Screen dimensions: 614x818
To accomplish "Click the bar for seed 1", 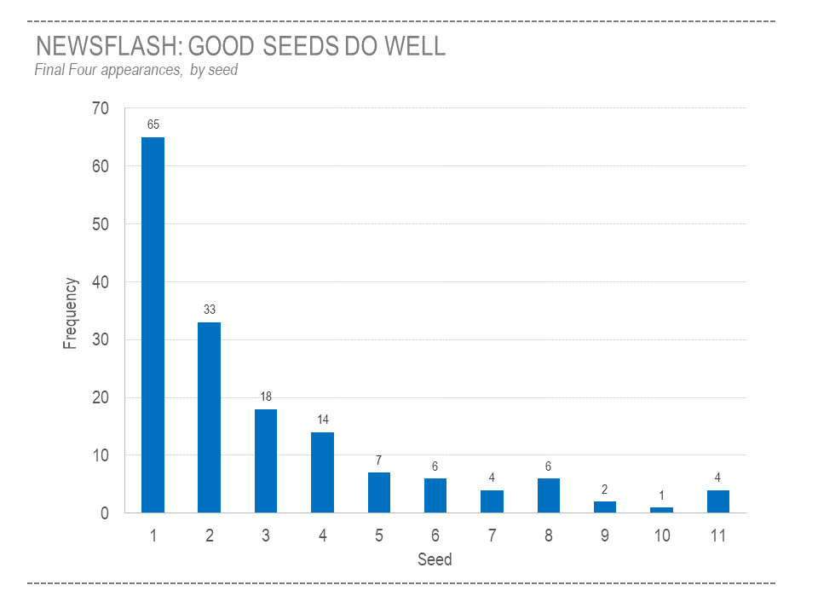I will click(x=153, y=325).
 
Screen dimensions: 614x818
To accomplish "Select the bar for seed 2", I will click(x=209, y=417).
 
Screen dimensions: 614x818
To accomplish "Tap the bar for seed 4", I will click(x=322, y=472).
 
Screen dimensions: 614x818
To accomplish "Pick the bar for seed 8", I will click(x=549, y=495).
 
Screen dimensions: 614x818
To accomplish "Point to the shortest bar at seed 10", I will click(x=662, y=510).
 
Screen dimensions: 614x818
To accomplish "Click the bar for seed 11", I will click(x=718, y=501).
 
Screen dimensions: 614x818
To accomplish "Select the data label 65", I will click(x=153, y=125).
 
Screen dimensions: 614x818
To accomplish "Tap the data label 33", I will click(x=210, y=310).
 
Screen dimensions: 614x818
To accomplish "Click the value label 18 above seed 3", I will click(x=266, y=397).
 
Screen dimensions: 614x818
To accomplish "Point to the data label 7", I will click(x=378, y=460).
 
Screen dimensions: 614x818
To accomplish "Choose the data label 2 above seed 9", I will click(x=604, y=489).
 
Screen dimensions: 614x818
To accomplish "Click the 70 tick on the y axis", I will click(x=101, y=108).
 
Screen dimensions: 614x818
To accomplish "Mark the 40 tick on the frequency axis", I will click(x=101, y=282).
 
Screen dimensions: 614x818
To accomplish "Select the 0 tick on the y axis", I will click(x=105, y=513).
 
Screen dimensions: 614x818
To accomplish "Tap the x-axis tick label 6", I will click(x=435, y=536).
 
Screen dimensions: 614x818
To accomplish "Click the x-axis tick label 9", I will click(x=605, y=536).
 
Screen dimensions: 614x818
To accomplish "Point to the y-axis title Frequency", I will click(x=71, y=313).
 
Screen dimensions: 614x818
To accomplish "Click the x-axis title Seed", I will click(x=435, y=560).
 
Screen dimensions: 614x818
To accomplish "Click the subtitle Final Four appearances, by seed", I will click(x=136, y=70).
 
